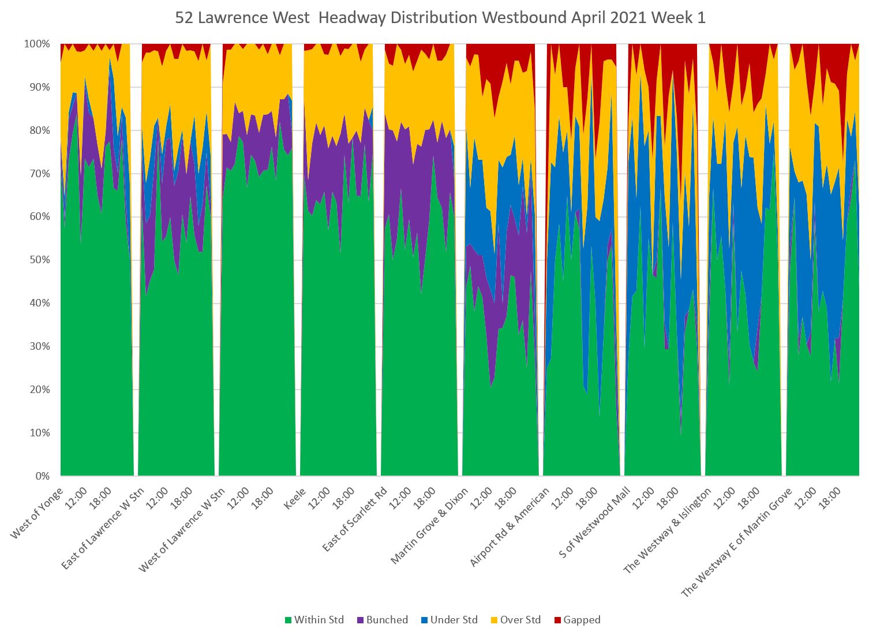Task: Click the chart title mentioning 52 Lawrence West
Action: tap(440, 18)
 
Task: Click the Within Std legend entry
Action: tap(319, 620)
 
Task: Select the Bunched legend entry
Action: tap(387, 620)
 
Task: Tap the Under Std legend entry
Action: tap(454, 620)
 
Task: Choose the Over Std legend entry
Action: tap(520, 620)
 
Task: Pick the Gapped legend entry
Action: tap(582, 620)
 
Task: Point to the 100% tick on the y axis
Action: tap(38, 44)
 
